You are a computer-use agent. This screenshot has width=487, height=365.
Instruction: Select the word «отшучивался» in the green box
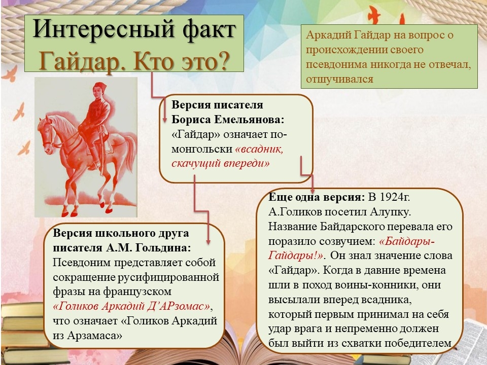(x=339, y=80)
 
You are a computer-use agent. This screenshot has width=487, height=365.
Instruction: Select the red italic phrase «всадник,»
(x=259, y=149)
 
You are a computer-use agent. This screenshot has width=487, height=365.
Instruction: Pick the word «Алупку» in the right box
(x=391, y=212)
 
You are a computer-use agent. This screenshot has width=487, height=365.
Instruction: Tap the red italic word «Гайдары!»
(x=296, y=255)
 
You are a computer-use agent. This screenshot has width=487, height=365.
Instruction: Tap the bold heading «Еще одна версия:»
(x=317, y=197)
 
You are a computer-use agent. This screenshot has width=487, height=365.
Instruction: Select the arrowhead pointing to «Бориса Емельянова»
(x=165, y=120)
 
